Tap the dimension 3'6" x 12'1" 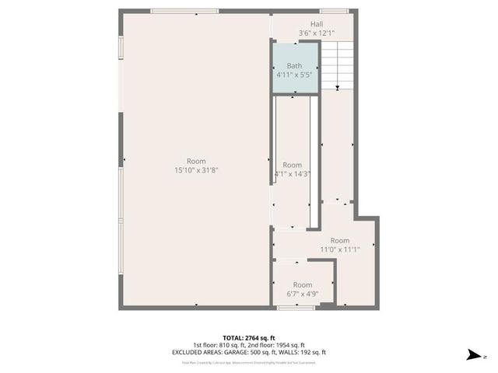coord(317,33)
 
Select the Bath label coord(294,66)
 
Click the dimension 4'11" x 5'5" coord(294,75)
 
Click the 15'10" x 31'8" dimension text coord(196,170)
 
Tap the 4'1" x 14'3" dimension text coord(293,174)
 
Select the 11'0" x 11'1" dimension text coord(340,249)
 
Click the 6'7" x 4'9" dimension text coord(303,294)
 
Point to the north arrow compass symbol coord(472,355)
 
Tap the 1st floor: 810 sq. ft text coord(220,346)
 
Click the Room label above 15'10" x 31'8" coord(196,161)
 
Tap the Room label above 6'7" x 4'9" coord(303,285)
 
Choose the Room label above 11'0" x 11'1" coord(340,241)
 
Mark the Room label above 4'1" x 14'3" coord(293,165)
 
